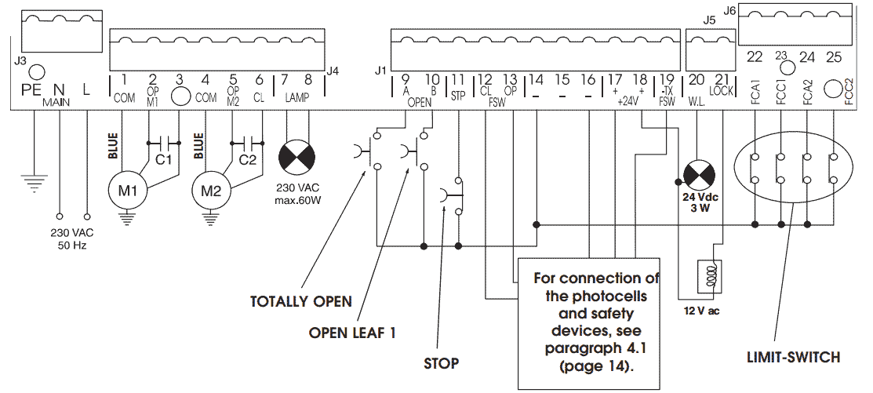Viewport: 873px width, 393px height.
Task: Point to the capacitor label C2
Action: coord(247,160)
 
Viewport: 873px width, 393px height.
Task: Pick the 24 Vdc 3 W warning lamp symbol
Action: coord(696,174)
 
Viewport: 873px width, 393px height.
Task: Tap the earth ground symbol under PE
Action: coord(34,185)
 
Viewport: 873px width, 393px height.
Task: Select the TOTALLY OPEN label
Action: coord(300,301)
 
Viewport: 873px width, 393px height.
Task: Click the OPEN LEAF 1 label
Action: coord(351,333)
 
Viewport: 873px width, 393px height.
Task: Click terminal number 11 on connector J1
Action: coord(457,79)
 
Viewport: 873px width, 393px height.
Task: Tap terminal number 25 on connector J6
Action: coord(834,56)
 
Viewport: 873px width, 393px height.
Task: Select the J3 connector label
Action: coord(20,60)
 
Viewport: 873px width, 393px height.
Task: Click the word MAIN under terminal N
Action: coord(56,103)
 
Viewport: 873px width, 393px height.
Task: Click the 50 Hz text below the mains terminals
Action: coord(71,245)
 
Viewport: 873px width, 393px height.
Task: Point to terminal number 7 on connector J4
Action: coord(285,79)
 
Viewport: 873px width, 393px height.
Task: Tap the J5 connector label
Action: coord(711,21)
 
